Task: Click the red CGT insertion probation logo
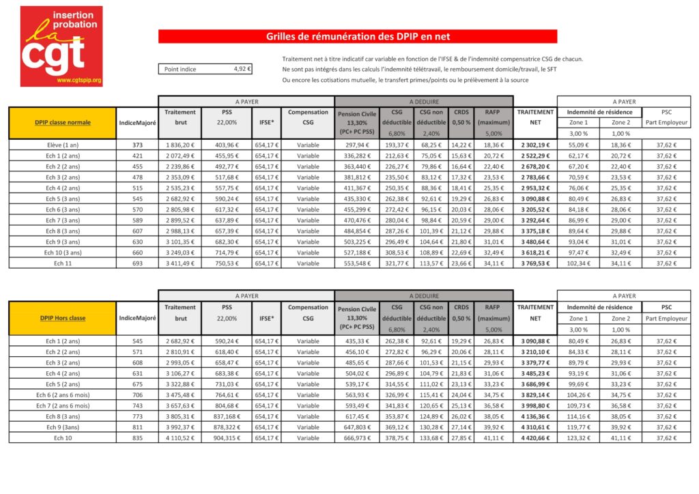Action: coord(61,46)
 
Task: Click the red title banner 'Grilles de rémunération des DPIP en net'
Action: coord(358,36)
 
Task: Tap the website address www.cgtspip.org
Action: coord(79,81)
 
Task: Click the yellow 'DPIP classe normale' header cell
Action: coord(63,123)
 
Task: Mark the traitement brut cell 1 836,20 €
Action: coord(180,145)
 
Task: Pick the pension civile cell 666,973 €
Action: coord(356,438)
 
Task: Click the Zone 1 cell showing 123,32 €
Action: coord(578,438)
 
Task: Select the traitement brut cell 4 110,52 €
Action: coord(180,438)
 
